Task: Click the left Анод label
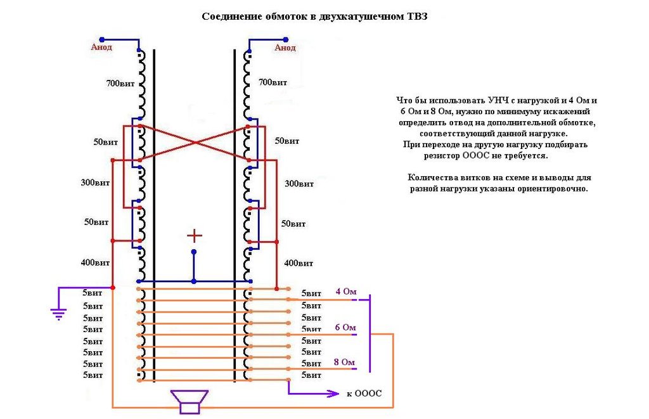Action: (101, 47)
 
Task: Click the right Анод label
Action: (285, 48)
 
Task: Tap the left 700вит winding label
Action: (120, 83)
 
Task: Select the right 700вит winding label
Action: (273, 82)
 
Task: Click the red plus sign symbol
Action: (194, 236)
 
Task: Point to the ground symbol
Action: (59, 314)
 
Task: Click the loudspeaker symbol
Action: (190, 401)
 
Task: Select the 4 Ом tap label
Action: (346, 292)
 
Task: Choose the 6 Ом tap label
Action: (345, 328)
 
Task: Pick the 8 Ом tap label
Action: (344, 363)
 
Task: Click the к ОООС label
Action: (364, 394)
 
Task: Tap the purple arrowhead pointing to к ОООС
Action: (334, 394)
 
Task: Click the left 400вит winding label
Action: (95, 262)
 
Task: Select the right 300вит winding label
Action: (299, 183)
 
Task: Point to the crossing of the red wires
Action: (194, 143)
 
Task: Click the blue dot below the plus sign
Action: (194, 252)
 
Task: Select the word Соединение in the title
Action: (226, 16)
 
